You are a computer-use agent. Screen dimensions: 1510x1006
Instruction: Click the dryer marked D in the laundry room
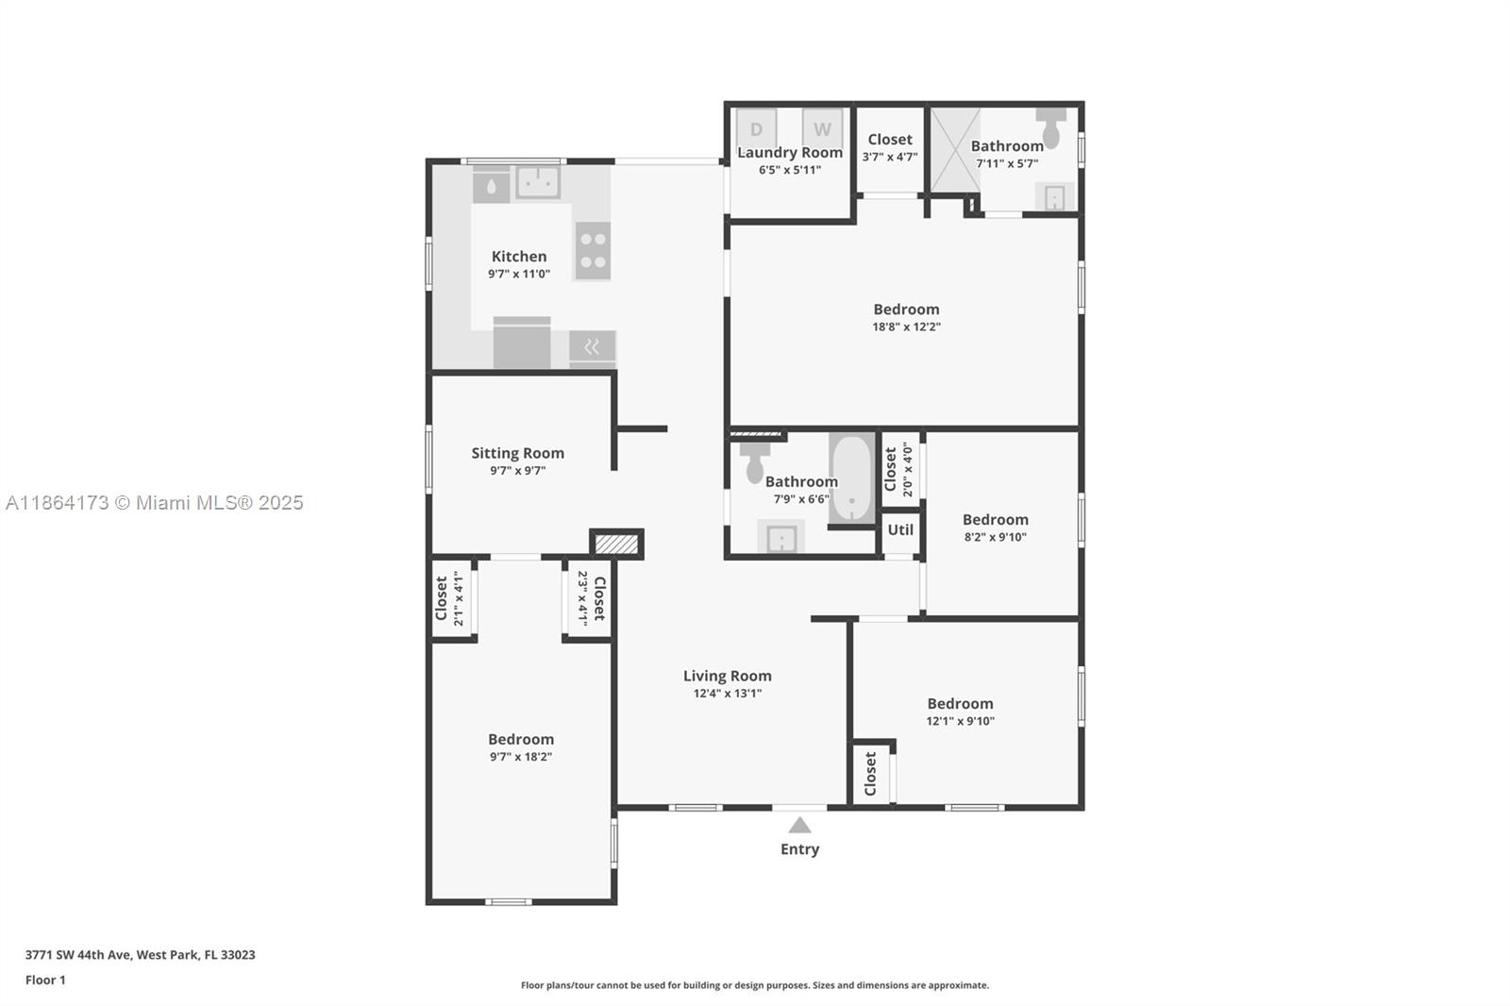(756, 127)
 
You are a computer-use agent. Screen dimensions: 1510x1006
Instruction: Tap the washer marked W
(822, 127)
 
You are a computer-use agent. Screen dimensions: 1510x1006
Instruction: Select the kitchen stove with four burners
(593, 251)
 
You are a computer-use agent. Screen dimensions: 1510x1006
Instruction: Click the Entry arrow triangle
(799, 825)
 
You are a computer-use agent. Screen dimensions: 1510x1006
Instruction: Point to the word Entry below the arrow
(799, 849)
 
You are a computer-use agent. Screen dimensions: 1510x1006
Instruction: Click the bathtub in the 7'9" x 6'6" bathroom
(852, 479)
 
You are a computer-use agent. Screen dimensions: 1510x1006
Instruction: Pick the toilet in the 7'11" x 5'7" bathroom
(1051, 127)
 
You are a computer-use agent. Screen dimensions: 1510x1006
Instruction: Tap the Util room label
(900, 530)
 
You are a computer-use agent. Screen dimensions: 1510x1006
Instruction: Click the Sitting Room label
(518, 453)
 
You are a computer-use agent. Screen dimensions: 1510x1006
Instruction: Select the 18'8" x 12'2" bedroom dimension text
(906, 327)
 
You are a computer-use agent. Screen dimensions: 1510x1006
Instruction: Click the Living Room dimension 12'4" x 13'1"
(728, 693)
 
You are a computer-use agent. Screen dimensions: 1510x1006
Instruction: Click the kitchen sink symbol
(538, 181)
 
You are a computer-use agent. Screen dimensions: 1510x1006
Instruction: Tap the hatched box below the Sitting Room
(617, 545)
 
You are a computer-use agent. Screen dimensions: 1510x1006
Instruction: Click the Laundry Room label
(790, 153)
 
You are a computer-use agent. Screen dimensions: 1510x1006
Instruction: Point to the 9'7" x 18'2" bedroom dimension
(521, 757)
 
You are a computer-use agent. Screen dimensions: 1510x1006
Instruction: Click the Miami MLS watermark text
(155, 503)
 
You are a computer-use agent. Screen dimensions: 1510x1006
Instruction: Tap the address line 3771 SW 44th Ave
(141, 955)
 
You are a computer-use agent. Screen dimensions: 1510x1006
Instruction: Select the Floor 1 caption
(45, 981)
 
